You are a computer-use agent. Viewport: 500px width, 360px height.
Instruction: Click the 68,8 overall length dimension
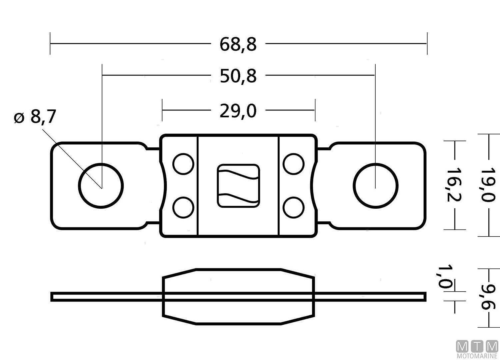[238, 44]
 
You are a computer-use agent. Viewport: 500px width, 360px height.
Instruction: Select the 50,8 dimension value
[238, 76]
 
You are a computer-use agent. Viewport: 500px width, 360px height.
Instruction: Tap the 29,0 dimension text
[238, 111]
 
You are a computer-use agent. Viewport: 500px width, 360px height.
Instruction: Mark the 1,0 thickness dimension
[445, 277]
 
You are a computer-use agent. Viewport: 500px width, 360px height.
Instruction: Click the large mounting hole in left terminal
[101, 186]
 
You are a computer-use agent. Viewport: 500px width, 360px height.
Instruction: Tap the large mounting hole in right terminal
[376, 186]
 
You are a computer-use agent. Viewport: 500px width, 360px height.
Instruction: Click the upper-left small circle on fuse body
[183, 164]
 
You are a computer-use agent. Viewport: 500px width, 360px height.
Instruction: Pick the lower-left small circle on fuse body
[183, 207]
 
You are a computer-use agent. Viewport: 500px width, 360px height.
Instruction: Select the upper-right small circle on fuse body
[294, 164]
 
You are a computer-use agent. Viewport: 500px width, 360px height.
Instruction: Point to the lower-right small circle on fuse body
[294, 207]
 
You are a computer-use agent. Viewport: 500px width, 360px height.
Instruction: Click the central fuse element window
[238, 186]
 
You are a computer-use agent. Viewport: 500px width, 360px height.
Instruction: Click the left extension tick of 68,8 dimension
[50, 43]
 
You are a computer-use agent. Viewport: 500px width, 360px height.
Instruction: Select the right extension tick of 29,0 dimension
[315, 110]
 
